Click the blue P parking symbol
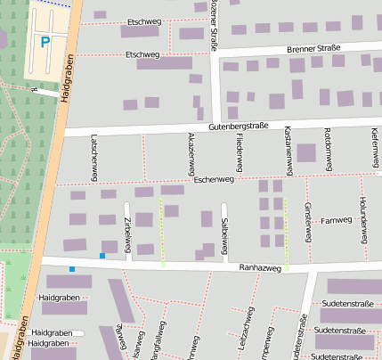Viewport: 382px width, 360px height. click(x=45, y=40)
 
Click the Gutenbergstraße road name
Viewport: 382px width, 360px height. click(x=238, y=127)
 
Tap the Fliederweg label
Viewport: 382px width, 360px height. click(x=239, y=153)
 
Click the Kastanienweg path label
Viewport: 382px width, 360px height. click(x=289, y=150)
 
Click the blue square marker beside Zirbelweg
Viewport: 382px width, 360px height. click(x=102, y=256)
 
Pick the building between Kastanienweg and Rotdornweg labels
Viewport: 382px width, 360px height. click(x=306, y=152)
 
